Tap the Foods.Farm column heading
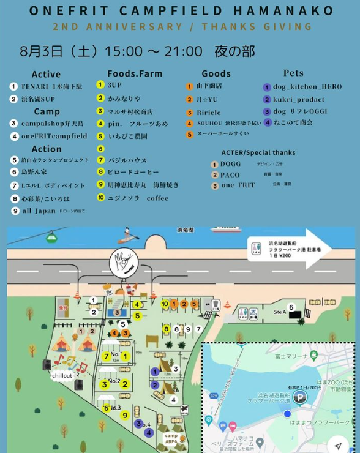[135, 73]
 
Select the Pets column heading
[293, 73]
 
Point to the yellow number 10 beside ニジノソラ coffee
[101, 198]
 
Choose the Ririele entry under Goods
[209, 113]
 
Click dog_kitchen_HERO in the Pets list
[307, 87]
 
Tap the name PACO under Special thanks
[230, 175]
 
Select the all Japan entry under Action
[39, 211]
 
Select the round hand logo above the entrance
[122, 262]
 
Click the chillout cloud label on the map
[62, 375]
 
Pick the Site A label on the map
[279, 312]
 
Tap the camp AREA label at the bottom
[171, 438]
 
